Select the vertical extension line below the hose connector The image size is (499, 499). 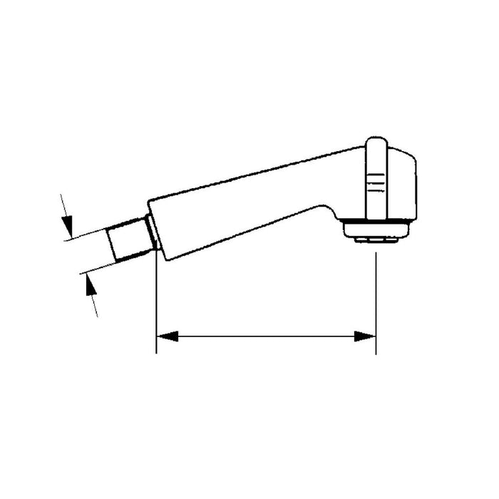click(x=156, y=299)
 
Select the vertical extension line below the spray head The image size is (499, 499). click(x=376, y=299)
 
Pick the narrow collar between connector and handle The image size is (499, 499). click(x=150, y=230)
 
